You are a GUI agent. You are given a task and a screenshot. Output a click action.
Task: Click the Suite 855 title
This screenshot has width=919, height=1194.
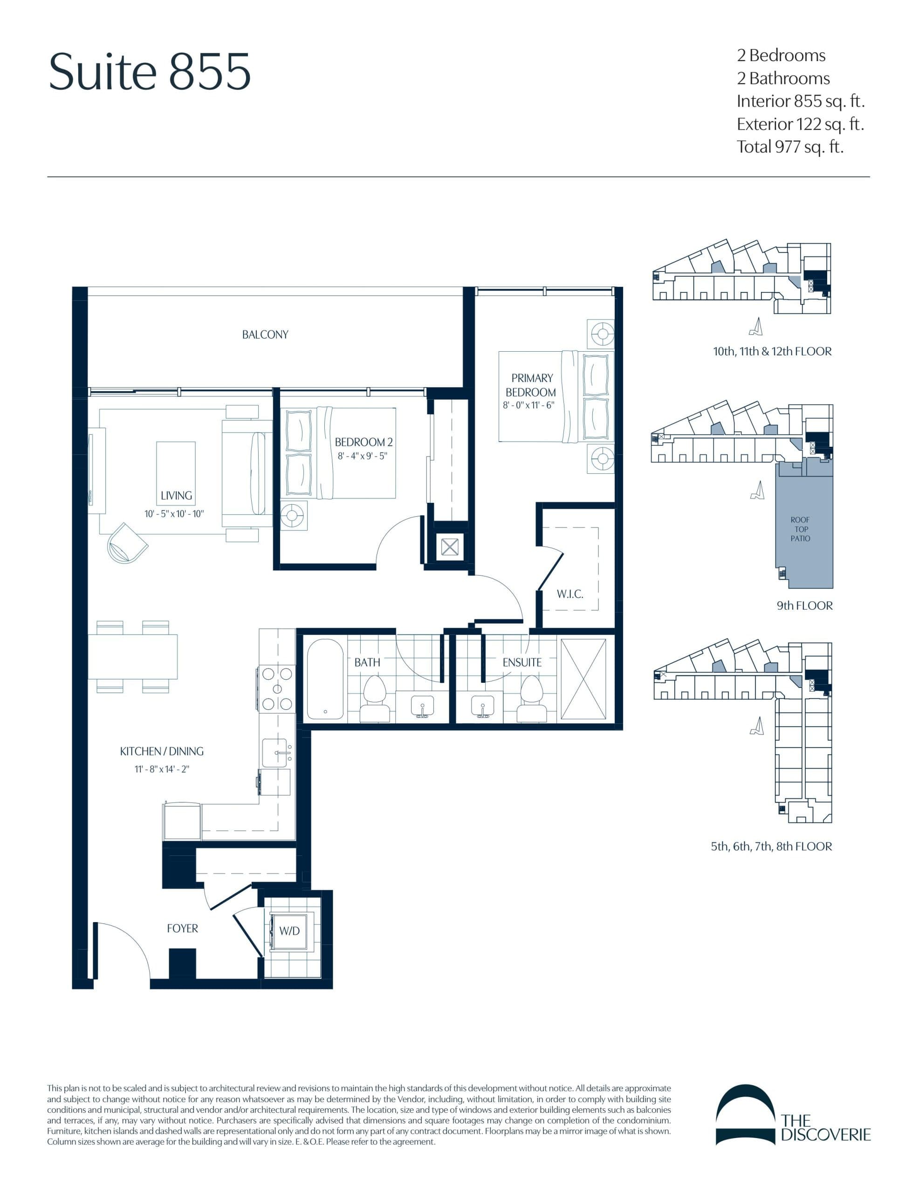(x=150, y=72)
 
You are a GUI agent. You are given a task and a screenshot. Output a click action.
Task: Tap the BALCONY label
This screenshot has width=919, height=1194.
(x=265, y=334)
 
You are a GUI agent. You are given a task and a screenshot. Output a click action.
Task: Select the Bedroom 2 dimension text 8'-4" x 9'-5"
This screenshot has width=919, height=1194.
(x=362, y=456)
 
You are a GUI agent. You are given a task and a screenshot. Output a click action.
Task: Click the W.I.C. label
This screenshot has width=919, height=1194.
(x=570, y=594)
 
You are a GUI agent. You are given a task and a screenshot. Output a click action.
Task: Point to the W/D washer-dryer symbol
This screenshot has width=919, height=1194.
(x=289, y=931)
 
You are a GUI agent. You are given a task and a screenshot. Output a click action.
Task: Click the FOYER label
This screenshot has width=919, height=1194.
(x=183, y=928)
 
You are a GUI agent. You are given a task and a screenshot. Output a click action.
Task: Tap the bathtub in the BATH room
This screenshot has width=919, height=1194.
(x=325, y=679)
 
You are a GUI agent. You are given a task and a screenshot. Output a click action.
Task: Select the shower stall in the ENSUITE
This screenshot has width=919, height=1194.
(x=583, y=679)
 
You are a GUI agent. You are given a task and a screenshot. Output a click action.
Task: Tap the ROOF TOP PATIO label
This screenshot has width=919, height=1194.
(x=800, y=528)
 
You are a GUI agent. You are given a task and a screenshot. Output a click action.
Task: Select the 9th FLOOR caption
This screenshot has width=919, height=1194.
(x=804, y=606)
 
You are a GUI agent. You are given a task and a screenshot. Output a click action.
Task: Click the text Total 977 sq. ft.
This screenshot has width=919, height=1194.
(x=789, y=147)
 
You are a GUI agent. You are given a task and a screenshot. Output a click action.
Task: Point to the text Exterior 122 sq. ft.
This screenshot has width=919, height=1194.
(x=800, y=124)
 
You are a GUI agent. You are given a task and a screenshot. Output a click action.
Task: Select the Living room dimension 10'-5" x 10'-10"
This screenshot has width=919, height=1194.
(x=174, y=514)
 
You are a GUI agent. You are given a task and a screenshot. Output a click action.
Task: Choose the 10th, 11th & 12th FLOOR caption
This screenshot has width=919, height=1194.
(x=772, y=352)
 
